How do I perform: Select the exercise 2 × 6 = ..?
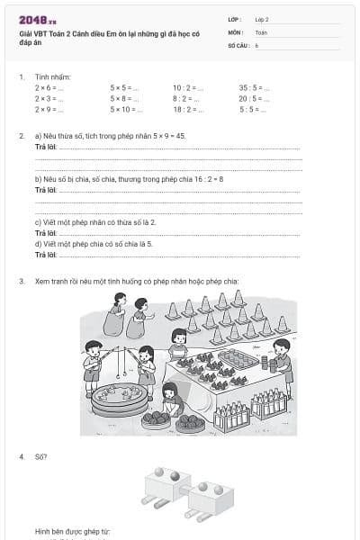click(49, 88)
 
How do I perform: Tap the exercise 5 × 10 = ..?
click(125, 109)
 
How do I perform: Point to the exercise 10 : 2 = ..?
click(188, 88)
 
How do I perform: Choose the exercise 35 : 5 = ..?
click(253, 88)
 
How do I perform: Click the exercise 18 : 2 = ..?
click(188, 109)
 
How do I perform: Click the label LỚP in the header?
click(234, 19)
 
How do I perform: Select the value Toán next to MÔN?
click(261, 31)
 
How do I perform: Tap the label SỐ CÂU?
click(238, 44)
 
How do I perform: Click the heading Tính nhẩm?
click(53, 76)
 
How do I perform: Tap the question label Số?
click(41, 457)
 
